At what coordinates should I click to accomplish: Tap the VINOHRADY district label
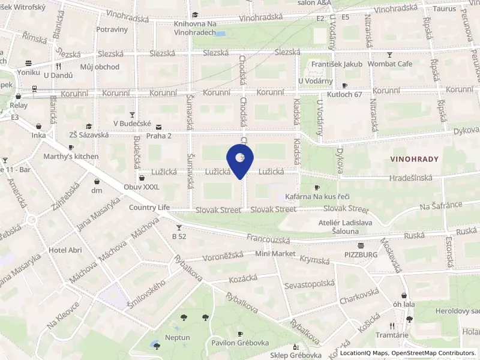tap(414, 160)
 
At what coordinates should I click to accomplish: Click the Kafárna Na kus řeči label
tap(317, 197)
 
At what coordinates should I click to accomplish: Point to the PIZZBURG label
tap(361, 254)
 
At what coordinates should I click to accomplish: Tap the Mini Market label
tap(275, 254)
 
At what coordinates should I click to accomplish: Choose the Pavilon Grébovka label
tap(239, 343)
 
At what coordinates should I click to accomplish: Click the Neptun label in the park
tap(177, 337)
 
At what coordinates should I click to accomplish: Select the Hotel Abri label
tap(65, 250)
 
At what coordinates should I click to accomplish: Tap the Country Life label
tap(149, 208)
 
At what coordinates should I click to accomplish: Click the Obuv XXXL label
tap(142, 187)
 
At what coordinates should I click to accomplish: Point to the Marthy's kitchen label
tap(71, 157)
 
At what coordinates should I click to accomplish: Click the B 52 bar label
tap(179, 236)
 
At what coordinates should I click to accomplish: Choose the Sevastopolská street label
tap(310, 284)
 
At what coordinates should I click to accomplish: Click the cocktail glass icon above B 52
tap(179, 227)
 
